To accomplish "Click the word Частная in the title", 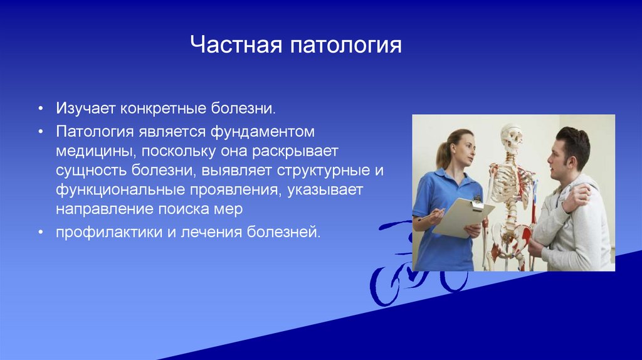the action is [x=236, y=45].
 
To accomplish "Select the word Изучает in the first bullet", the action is [x=85, y=109].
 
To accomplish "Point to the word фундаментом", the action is [x=263, y=132].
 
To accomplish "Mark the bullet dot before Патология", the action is [x=41, y=132].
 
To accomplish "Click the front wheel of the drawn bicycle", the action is [x=386, y=286].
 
